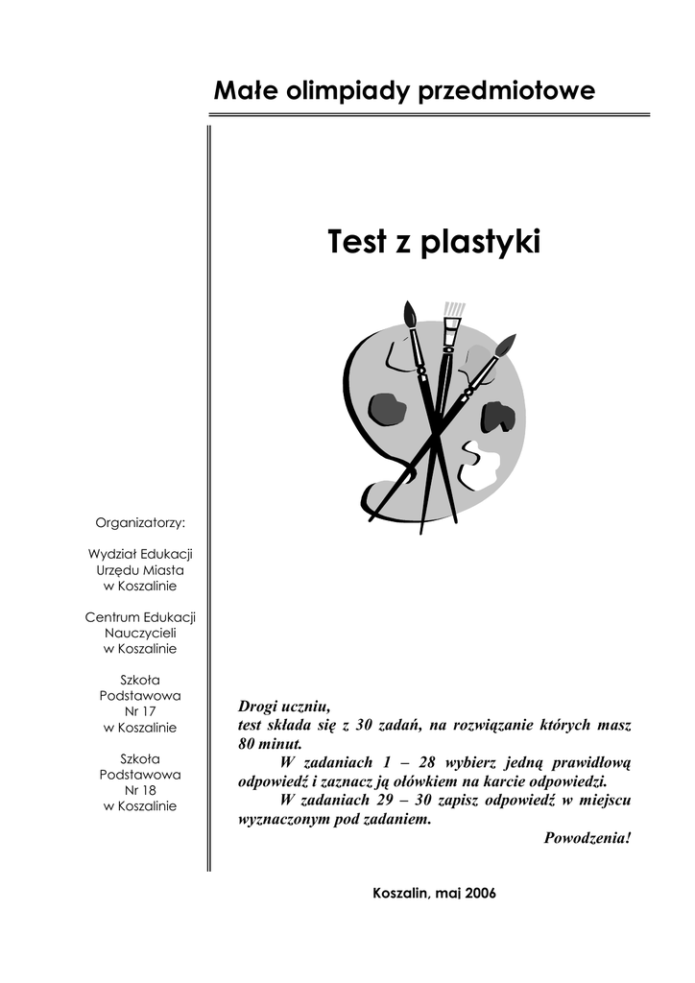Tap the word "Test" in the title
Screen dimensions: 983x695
pyautogui.click(x=356, y=242)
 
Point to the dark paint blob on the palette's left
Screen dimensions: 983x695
pyautogui.click(x=387, y=409)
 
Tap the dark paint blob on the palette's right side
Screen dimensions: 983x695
pyautogui.click(x=497, y=416)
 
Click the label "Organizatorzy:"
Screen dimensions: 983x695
pyautogui.click(x=140, y=522)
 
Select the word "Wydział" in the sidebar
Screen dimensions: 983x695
pyautogui.click(x=113, y=554)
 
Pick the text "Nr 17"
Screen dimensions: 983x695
pyautogui.click(x=140, y=711)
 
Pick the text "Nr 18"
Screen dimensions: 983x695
pyautogui.click(x=140, y=790)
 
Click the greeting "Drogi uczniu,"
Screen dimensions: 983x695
pyautogui.click(x=283, y=706)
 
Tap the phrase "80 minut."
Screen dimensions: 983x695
pyautogui.click(x=270, y=743)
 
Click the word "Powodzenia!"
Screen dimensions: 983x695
pyautogui.click(x=587, y=837)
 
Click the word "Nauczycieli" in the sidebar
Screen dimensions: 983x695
pyautogui.click(x=140, y=633)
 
